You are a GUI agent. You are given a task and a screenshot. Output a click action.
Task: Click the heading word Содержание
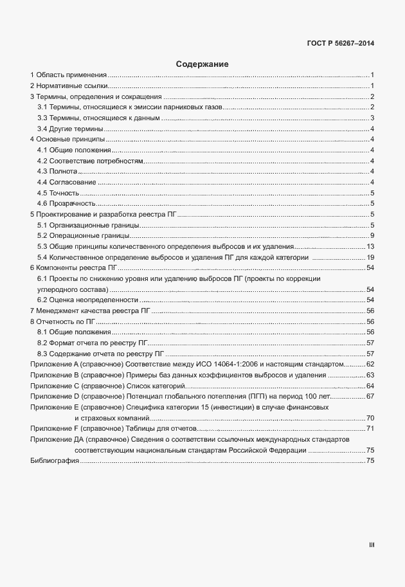202,64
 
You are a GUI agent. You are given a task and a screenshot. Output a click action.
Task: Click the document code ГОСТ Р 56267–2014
341,44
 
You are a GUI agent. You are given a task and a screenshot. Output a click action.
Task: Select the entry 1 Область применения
69,75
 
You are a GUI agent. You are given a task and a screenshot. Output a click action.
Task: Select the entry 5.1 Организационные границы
88,225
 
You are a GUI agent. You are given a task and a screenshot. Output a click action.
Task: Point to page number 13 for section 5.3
370,246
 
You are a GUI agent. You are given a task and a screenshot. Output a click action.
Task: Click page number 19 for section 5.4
370,257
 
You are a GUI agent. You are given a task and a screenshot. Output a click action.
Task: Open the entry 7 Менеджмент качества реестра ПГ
90,311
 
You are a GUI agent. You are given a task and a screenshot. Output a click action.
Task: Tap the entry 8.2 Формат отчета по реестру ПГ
93,343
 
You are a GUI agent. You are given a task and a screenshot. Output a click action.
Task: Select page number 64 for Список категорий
370,386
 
